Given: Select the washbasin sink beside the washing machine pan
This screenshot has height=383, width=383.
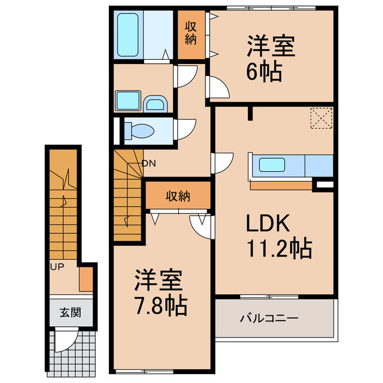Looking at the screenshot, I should point(156,105).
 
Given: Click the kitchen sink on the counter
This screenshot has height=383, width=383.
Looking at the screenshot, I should point(273,166).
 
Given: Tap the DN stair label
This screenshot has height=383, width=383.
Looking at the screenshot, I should point(149,163).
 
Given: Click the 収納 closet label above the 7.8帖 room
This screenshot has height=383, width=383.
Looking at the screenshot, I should point(178,196).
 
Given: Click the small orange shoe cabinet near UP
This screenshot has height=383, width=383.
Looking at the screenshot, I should point(86,278).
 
